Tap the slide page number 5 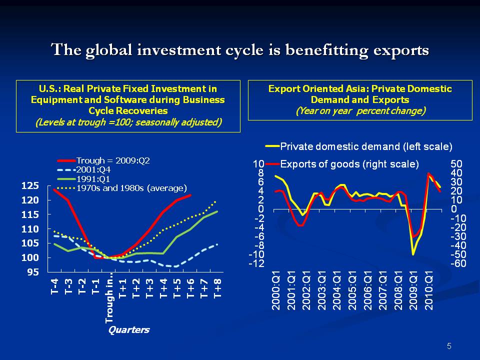click(x=449, y=346)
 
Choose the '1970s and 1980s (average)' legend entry click(x=131, y=188)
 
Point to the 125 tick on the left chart click(x=30, y=186)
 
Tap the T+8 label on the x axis click(x=217, y=288)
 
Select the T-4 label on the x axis click(x=55, y=288)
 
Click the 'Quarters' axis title click(x=129, y=330)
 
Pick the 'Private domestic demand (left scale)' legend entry click(x=366, y=146)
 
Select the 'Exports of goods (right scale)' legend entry click(x=349, y=163)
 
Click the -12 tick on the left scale click(x=257, y=263)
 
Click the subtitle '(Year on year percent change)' click(x=360, y=111)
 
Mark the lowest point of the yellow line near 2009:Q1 click(x=413, y=254)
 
